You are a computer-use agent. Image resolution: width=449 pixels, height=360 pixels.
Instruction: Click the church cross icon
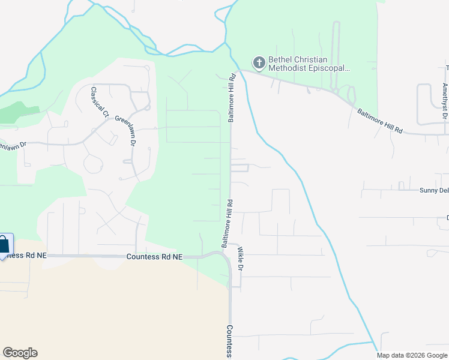click(259, 63)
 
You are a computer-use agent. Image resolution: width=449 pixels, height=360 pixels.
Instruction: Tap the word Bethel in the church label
click(280, 59)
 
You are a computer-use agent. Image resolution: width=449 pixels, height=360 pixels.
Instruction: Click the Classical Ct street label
click(100, 102)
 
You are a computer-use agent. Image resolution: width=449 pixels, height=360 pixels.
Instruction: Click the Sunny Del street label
click(433, 190)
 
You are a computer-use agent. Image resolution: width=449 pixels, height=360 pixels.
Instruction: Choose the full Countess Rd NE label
click(154, 256)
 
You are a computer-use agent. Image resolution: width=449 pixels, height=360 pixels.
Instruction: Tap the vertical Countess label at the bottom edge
click(229, 341)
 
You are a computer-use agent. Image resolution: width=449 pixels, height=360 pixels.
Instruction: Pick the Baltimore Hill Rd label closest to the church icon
click(231, 98)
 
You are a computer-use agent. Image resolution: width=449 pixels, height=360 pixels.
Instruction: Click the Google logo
click(20, 353)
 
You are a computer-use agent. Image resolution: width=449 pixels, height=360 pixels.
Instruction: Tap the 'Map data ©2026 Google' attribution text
click(412, 355)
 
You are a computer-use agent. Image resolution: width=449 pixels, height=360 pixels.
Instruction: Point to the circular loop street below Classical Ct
click(93, 163)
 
